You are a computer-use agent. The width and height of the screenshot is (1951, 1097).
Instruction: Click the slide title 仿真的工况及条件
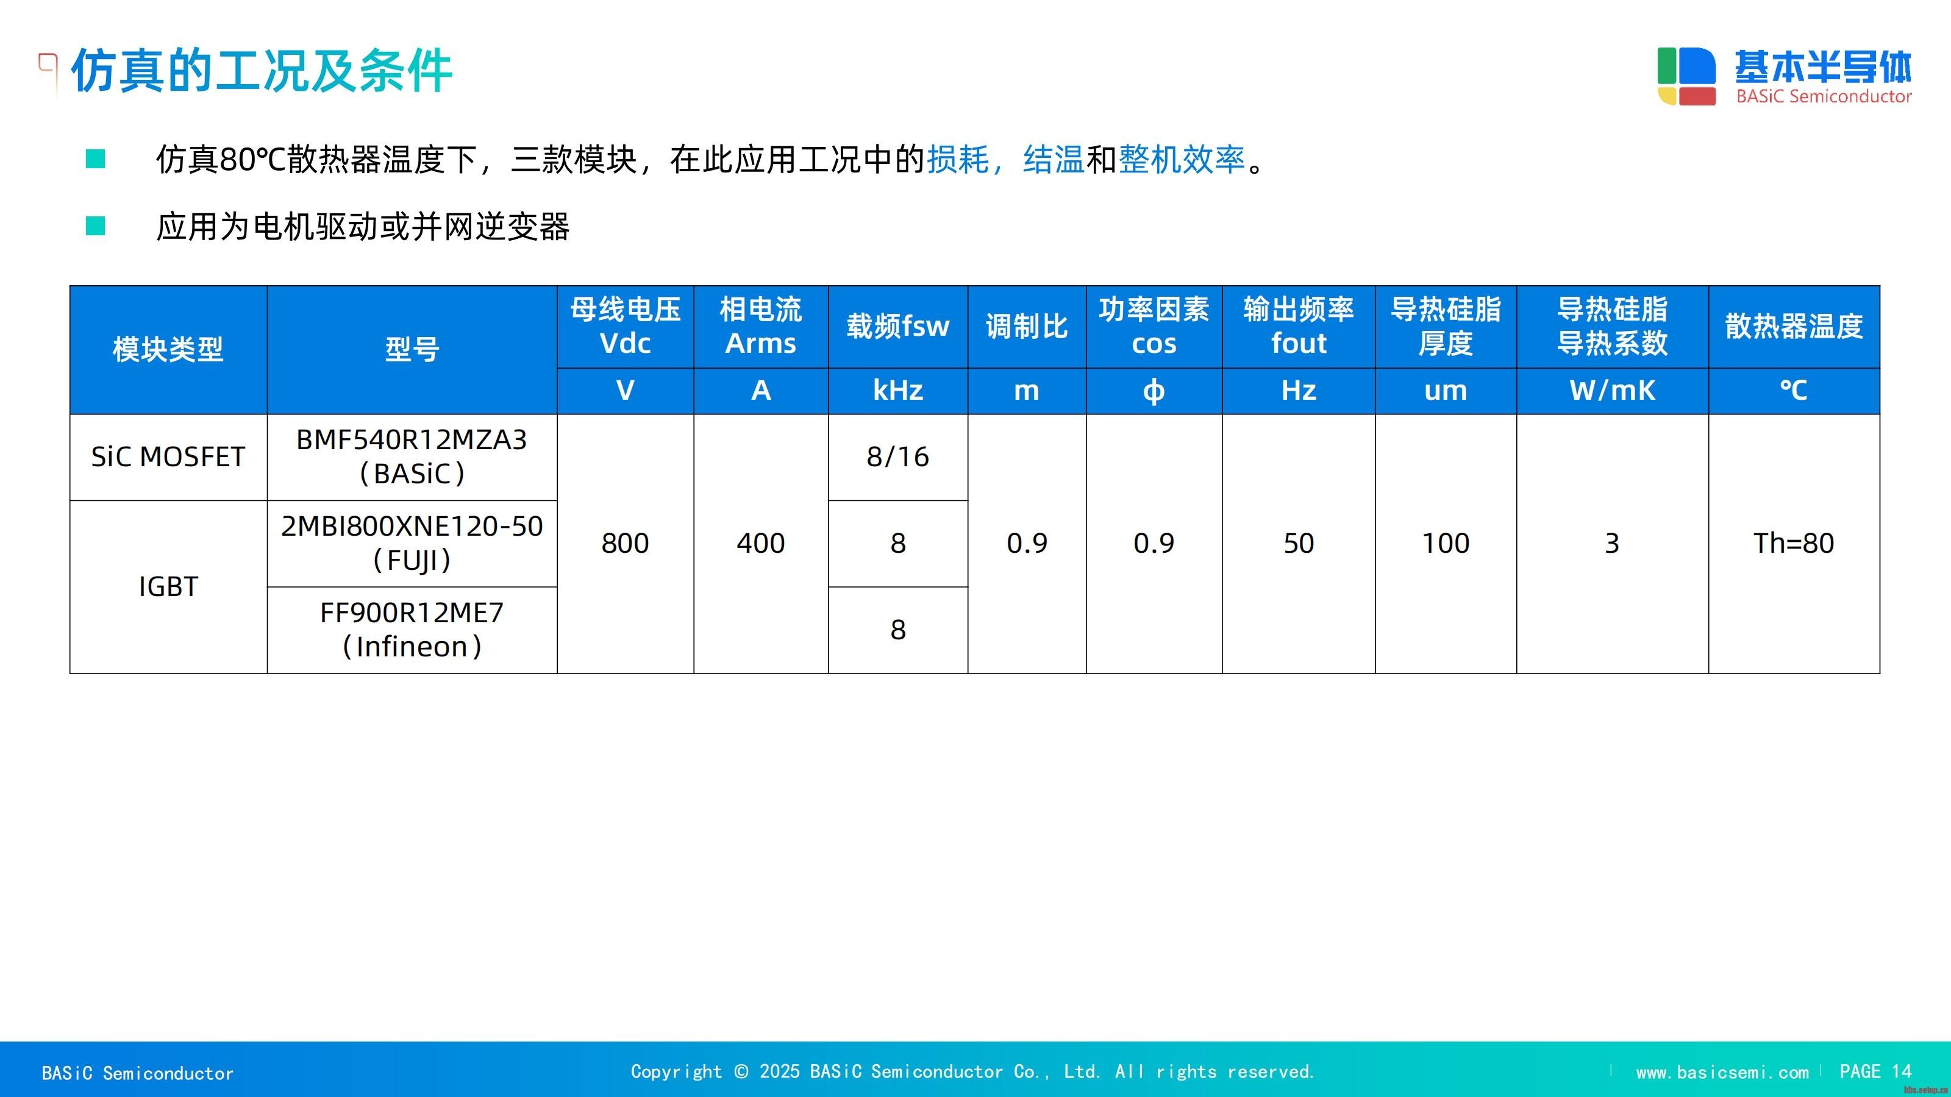pos(262,71)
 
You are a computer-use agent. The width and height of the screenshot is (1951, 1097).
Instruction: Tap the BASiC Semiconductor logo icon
pos(1686,76)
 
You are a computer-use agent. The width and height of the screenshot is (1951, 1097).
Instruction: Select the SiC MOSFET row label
pos(168,456)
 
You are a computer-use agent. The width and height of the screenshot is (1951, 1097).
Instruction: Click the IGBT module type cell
pos(168,587)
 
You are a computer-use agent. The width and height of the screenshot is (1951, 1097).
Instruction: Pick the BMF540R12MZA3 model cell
pos(412,456)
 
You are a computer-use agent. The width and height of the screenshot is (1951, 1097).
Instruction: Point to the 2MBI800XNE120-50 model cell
pos(412,543)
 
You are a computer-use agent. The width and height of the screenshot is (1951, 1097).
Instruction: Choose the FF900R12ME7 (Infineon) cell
pos(412,629)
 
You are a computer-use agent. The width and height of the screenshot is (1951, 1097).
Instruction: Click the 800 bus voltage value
pos(625,543)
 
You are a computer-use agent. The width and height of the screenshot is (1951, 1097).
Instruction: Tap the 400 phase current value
pos(760,543)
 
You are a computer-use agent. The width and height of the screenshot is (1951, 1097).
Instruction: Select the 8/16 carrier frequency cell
pos(897,456)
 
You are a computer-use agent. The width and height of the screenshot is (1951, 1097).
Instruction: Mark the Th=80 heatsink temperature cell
pos(1794,543)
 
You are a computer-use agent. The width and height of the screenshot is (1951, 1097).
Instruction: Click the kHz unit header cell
pos(897,390)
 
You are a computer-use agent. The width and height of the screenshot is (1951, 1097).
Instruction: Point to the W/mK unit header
pos(1611,390)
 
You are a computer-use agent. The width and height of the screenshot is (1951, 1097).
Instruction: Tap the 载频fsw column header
pos(897,326)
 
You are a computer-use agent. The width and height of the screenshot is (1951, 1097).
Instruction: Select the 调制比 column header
pos(1026,326)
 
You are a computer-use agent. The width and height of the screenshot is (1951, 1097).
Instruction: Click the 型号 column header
pos(412,349)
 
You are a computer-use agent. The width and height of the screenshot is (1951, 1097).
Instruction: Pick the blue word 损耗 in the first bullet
pos(958,159)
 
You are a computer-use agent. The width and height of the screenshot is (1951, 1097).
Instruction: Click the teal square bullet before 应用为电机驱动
pos(96,225)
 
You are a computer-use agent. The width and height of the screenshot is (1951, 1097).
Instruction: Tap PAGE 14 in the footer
pos(1875,1071)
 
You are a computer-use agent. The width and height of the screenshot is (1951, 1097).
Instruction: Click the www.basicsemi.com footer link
pos(1722,1072)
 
